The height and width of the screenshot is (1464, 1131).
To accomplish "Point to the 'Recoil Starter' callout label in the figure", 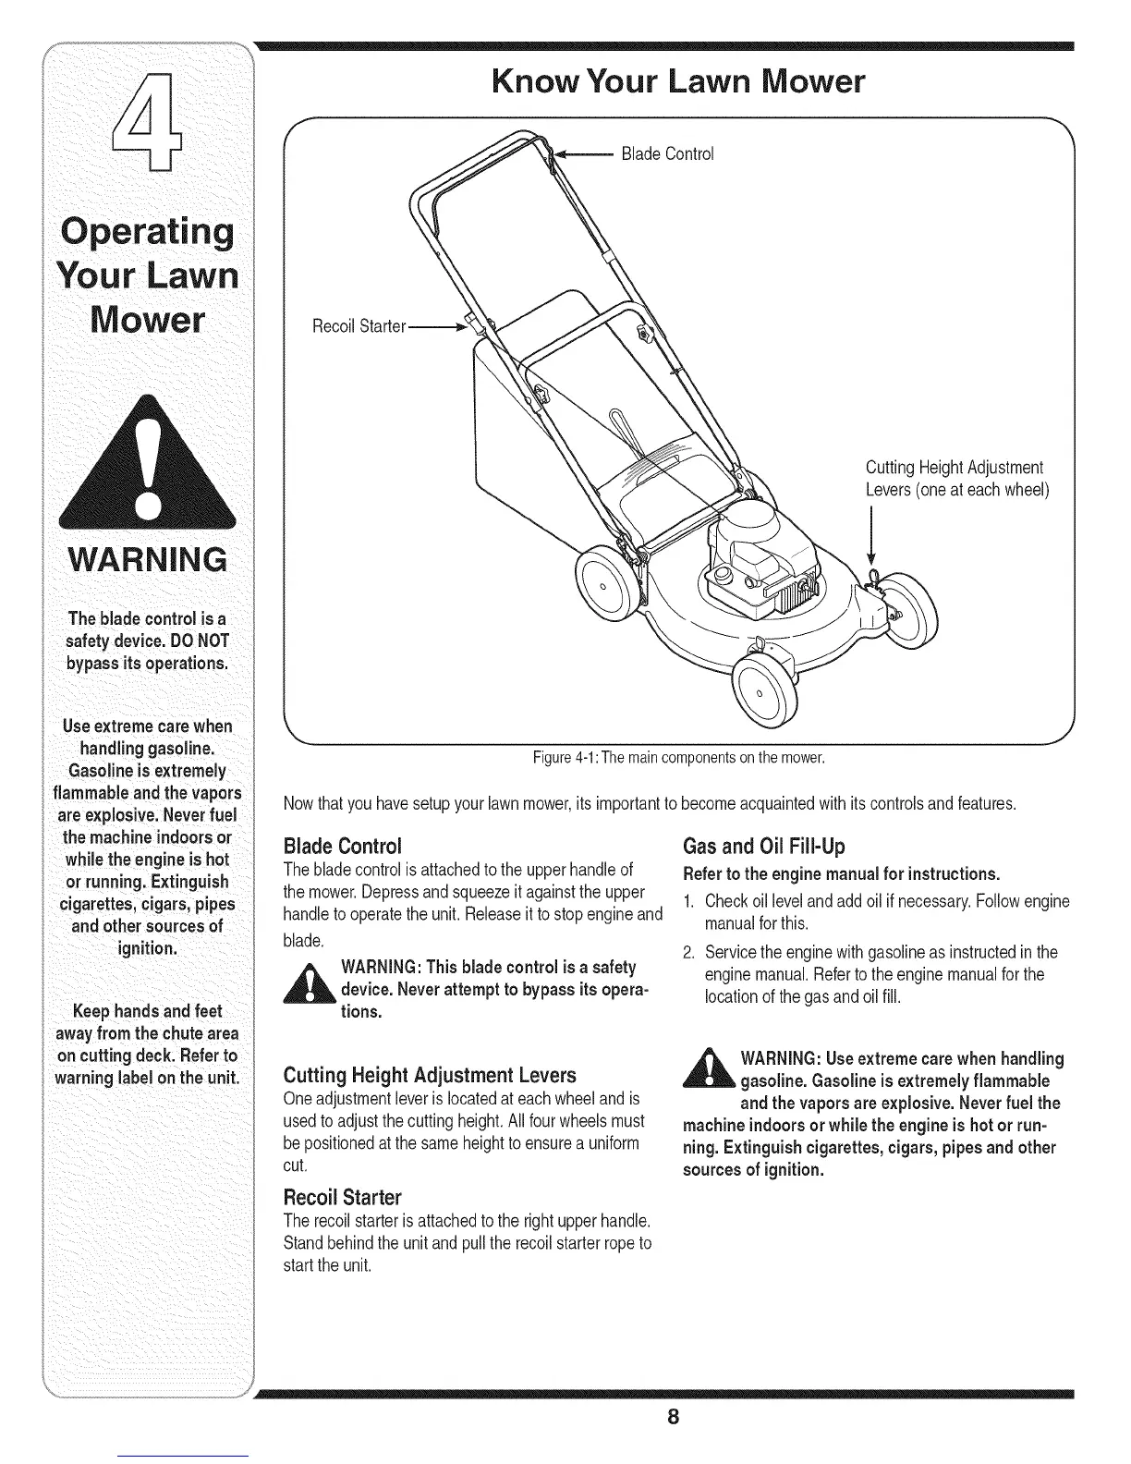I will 359,325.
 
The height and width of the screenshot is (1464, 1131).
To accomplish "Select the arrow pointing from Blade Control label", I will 582,153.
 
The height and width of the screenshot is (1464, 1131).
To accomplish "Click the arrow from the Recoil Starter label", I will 440,325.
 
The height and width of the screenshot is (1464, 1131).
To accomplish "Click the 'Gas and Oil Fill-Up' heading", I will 763,847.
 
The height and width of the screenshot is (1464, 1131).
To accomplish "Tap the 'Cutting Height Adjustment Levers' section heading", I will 430,1075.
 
